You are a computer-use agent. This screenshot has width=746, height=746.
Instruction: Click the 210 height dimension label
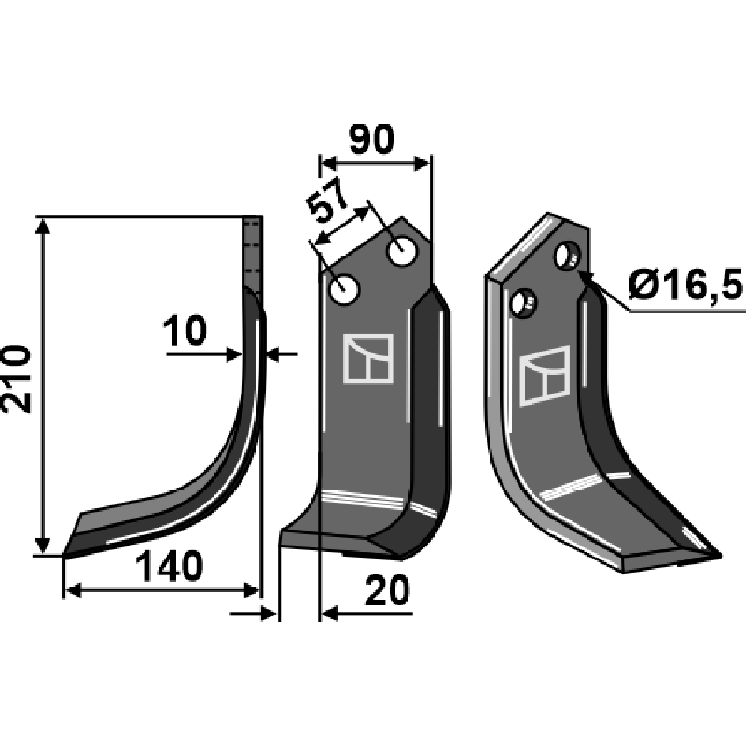[x=17, y=380]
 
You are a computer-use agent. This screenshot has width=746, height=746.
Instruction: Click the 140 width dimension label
[x=170, y=566]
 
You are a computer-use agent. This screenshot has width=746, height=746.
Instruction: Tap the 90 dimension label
[x=371, y=140]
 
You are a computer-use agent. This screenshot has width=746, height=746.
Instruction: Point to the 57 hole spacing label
[x=326, y=201]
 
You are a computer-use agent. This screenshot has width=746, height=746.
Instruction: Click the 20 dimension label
[x=387, y=590]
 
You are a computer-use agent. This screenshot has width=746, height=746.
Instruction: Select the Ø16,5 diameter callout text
[x=685, y=284]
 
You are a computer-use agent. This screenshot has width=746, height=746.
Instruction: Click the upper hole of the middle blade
[x=403, y=250]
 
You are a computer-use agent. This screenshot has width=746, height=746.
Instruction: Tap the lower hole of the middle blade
[x=344, y=289]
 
